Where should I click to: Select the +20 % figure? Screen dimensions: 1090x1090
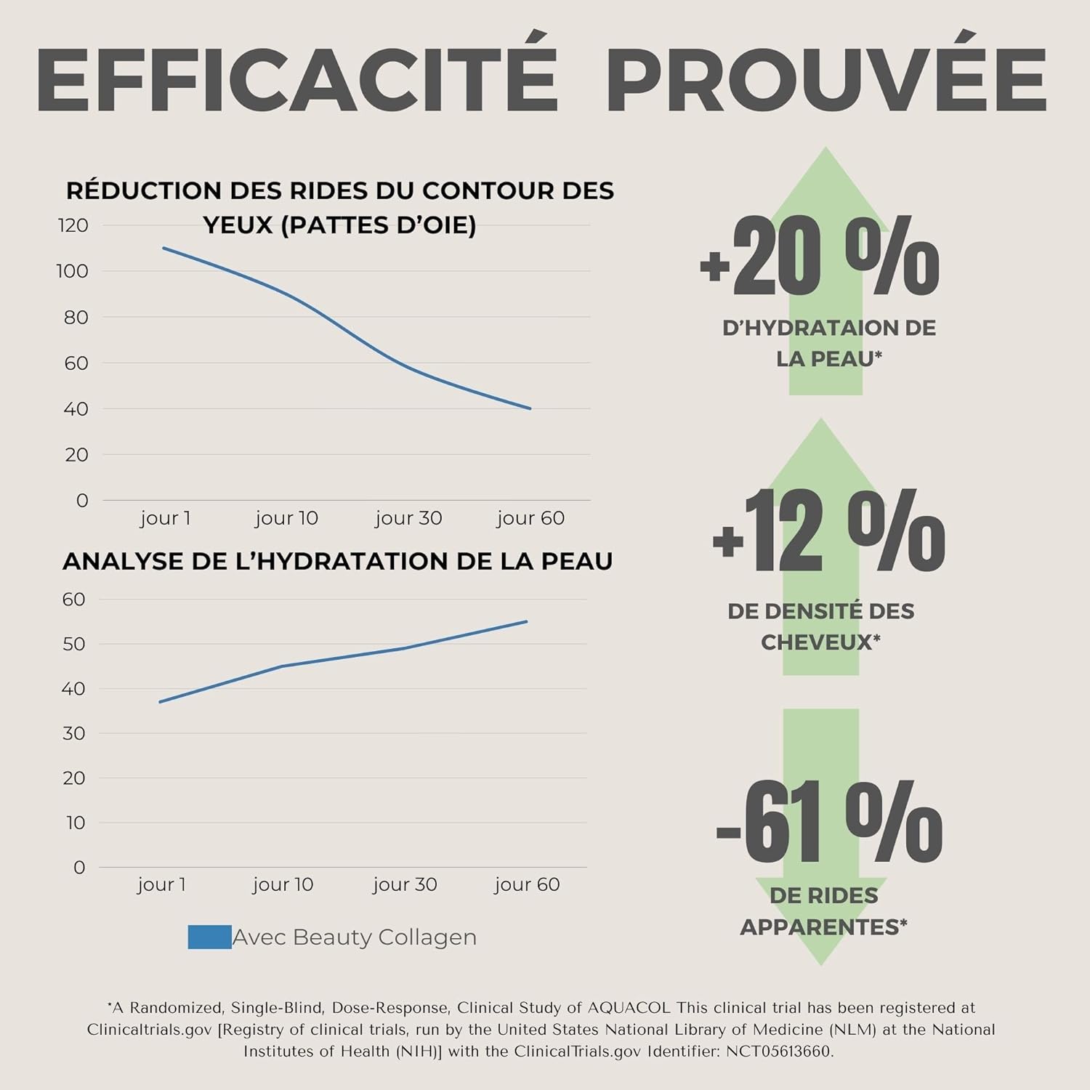click(x=820, y=258)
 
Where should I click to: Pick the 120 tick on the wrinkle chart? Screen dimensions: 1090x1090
click(x=73, y=225)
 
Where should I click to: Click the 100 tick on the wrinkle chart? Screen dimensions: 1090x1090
click(x=73, y=271)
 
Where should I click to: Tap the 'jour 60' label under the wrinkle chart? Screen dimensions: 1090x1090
click(x=530, y=518)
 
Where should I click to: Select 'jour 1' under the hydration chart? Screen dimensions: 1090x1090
click(x=161, y=884)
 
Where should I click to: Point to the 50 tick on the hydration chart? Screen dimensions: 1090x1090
click(x=74, y=644)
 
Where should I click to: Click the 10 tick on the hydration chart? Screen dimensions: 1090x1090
click(x=76, y=823)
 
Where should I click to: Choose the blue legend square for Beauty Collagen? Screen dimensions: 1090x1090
click(x=209, y=937)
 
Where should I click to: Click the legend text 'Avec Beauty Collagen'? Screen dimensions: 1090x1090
click(x=355, y=937)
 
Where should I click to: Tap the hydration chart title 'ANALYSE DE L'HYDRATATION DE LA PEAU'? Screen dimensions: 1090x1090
click(x=338, y=561)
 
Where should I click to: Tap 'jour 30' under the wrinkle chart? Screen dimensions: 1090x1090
click(x=408, y=518)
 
